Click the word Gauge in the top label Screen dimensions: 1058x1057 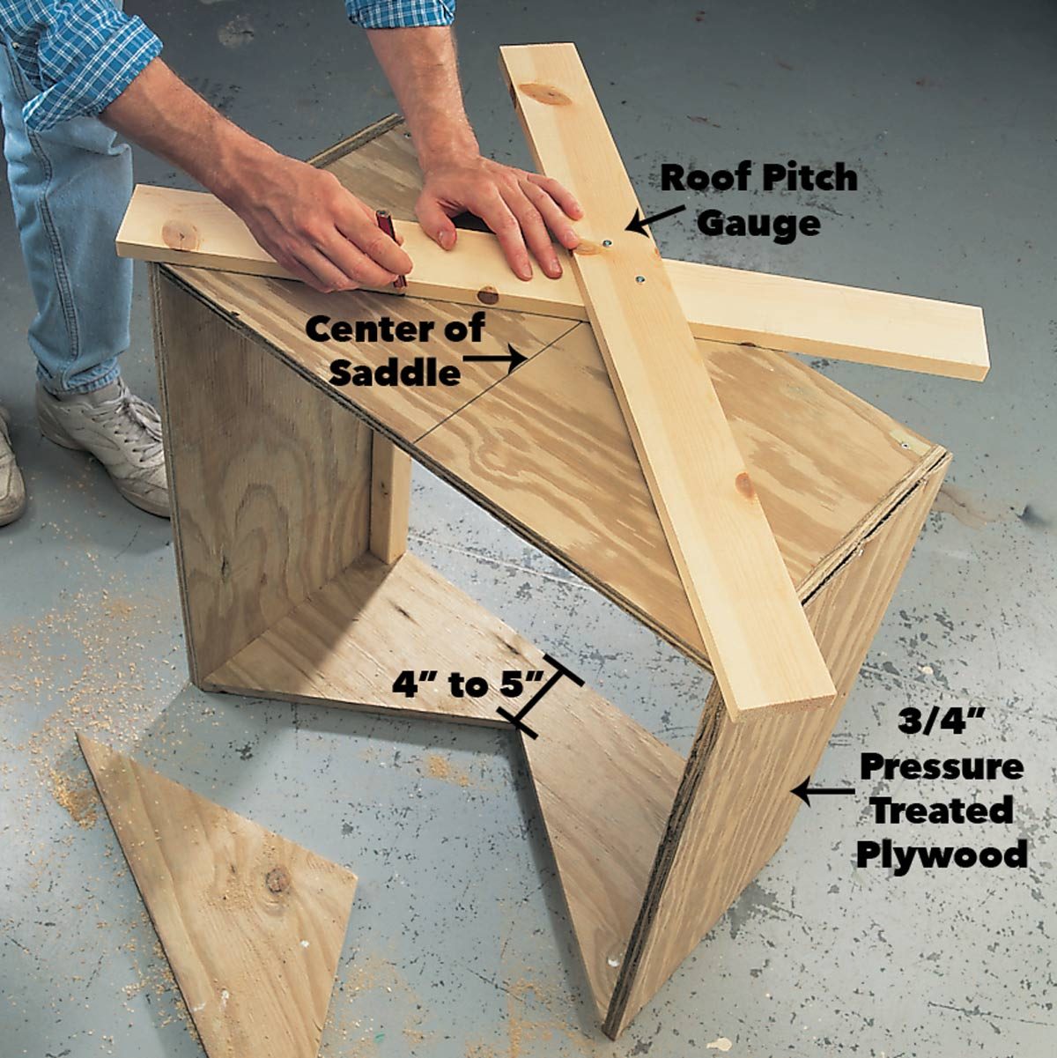[x=758, y=223]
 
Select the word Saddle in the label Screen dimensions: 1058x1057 [x=395, y=373]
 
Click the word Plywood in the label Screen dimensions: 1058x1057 [x=941, y=853]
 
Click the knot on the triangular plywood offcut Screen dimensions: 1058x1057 [x=277, y=879]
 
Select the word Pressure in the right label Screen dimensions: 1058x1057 [x=941, y=766]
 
